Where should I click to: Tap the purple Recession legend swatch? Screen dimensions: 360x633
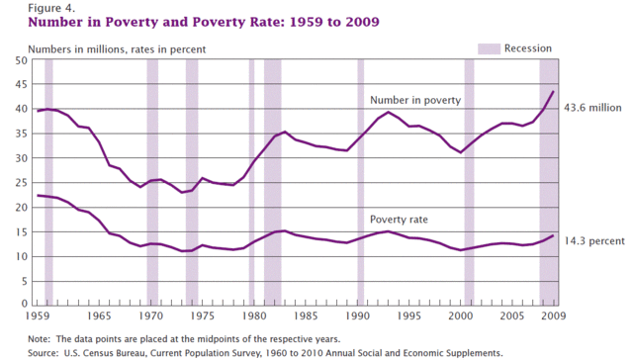pos(489,47)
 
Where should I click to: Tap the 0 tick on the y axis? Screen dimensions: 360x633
pos(21,304)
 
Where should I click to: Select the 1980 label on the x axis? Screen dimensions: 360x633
pos(253,316)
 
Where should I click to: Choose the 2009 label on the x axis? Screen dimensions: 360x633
pos(551,316)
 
